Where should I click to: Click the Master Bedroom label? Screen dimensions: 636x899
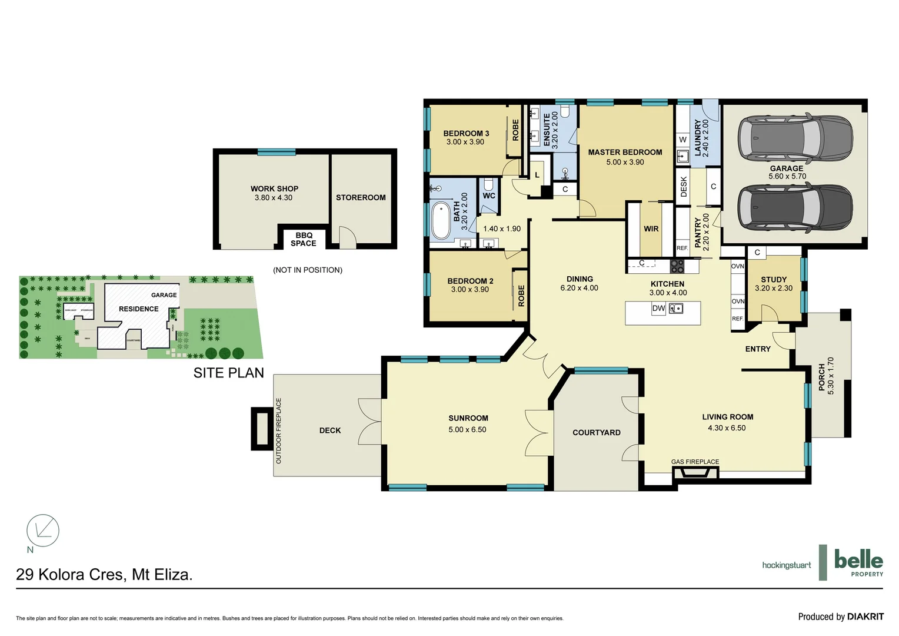pyautogui.click(x=625, y=152)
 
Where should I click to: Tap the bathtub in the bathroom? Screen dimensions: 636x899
pyautogui.click(x=441, y=221)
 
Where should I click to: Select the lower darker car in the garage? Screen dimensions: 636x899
pyautogui.click(x=795, y=208)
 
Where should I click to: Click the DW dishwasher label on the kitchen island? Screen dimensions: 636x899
pyautogui.click(x=658, y=309)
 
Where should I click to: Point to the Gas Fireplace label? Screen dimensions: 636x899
pyautogui.click(x=695, y=462)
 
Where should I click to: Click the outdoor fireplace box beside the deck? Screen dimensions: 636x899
pyautogui.click(x=259, y=428)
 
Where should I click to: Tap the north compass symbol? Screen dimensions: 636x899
pyautogui.click(x=43, y=530)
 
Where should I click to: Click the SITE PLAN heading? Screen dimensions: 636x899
pyautogui.click(x=228, y=373)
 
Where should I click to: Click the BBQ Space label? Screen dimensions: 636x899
pyautogui.click(x=304, y=239)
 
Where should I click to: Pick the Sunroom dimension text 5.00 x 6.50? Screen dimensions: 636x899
pyautogui.click(x=467, y=430)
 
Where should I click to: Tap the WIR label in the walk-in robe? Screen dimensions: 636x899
pyautogui.click(x=651, y=229)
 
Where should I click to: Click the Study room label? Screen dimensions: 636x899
pyautogui.click(x=773, y=280)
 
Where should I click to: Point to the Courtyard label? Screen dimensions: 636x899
pyautogui.click(x=596, y=432)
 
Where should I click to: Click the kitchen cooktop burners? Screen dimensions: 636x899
pyautogui.click(x=677, y=266)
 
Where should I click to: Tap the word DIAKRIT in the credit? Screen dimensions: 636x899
pyautogui.click(x=865, y=617)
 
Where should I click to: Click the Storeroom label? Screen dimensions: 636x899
pyautogui.click(x=361, y=198)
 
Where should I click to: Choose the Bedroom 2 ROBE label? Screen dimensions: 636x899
pyautogui.click(x=521, y=296)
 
